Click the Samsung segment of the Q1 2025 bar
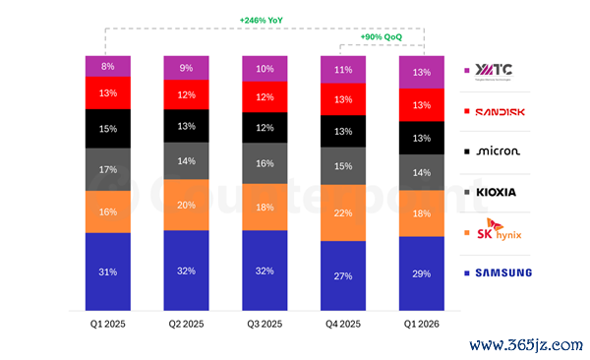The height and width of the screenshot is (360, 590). coord(108,271)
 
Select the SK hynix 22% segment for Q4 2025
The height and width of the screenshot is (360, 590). coord(343,212)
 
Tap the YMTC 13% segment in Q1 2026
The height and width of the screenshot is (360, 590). coord(422,73)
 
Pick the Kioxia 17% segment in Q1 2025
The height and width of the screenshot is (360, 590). coord(108,169)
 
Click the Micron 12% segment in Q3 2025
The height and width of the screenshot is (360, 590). coord(265,128)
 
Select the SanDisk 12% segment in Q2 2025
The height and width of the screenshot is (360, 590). coord(186,94)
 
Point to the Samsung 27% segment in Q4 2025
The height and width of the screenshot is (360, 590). coord(343,275)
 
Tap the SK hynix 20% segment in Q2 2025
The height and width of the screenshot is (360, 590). coord(186,205)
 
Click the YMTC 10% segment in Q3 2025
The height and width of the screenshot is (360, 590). coord(265,69)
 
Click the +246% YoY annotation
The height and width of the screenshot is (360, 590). coord(262,21)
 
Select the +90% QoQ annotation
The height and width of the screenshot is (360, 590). coord(382,37)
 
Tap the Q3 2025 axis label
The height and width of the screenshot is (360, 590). coord(265,324)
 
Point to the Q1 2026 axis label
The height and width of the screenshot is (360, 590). coord(422,324)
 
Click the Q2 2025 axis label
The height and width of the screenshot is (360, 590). coord(186,324)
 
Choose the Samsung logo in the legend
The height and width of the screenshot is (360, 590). coord(503,272)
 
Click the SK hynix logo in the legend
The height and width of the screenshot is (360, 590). coord(500,229)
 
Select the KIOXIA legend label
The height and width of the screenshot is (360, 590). coord(496,193)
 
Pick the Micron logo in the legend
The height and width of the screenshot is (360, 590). coord(499,151)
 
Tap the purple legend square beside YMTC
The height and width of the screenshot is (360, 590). coord(467,71)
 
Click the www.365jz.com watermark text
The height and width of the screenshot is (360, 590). coord(526,344)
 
